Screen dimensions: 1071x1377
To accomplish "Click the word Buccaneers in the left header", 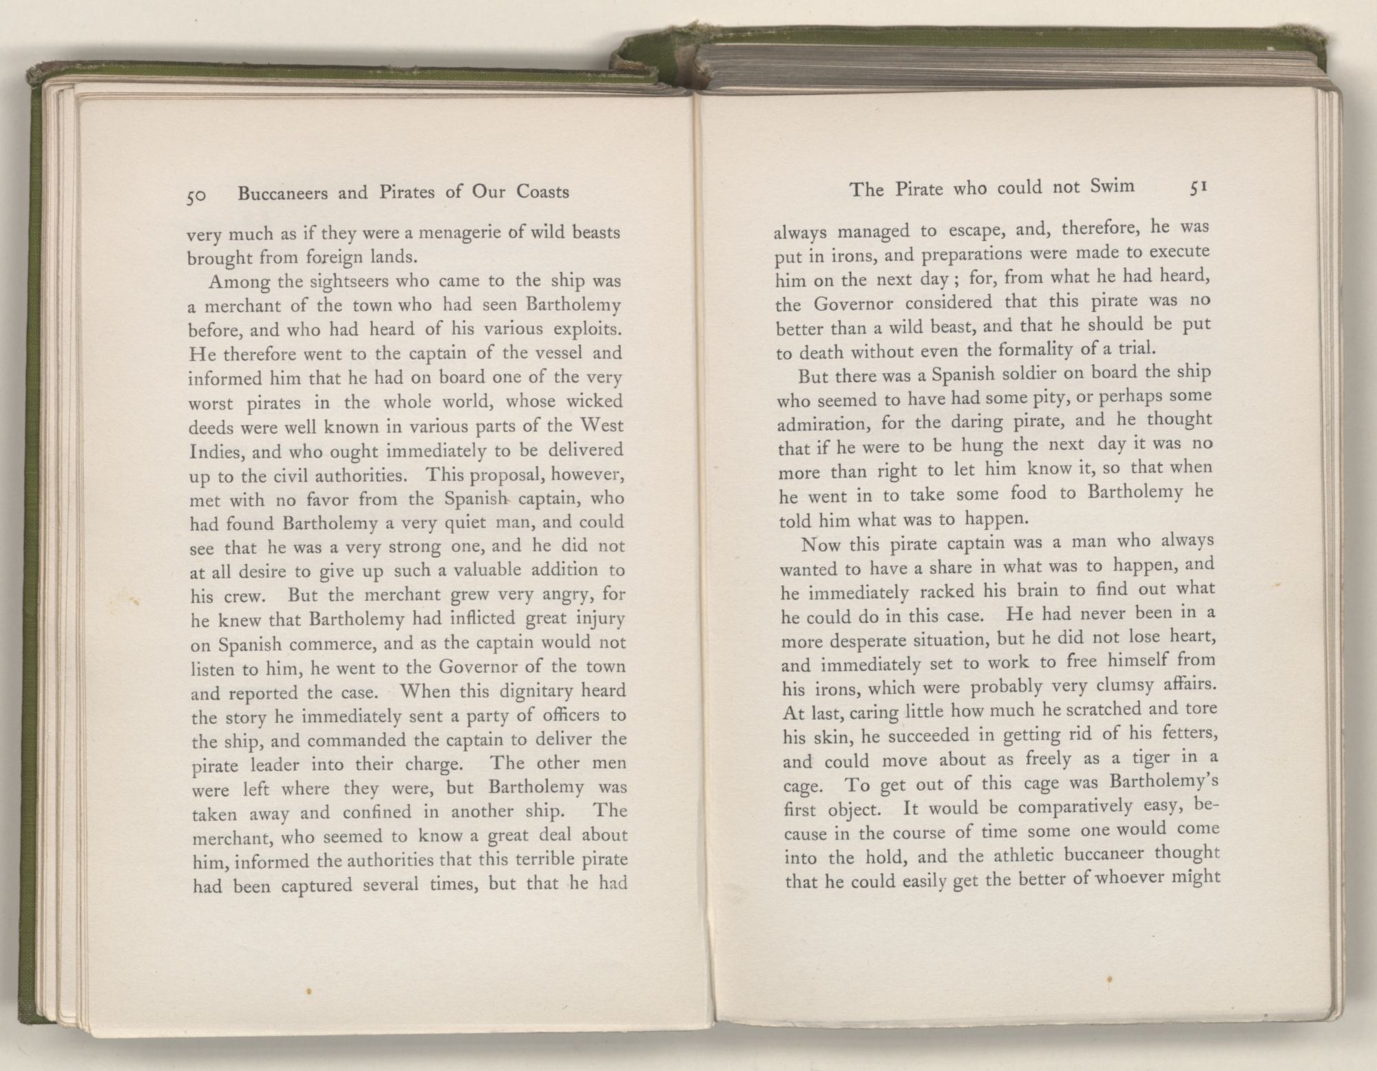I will coord(283,193).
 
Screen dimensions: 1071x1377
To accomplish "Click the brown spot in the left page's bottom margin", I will coord(311,992).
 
